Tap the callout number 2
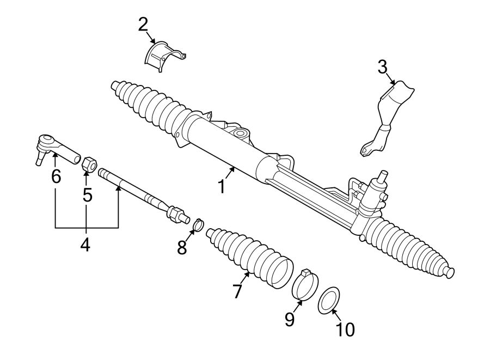143,25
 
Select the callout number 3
383,68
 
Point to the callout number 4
85,245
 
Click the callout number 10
346,329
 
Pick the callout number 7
237,291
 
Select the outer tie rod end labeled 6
54,148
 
